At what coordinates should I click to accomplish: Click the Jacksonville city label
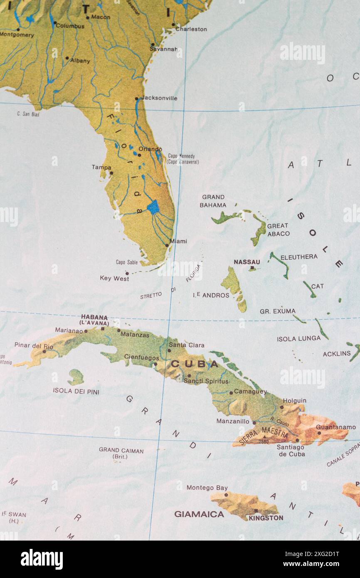tap(159, 98)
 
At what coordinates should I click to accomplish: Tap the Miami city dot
tap(167, 245)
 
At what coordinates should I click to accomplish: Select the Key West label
tap(114, 279)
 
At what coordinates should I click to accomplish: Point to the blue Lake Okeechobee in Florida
tap(153, 207)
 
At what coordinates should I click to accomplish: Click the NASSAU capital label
tap(247, 262)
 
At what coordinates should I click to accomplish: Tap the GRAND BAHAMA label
tap(213, 201)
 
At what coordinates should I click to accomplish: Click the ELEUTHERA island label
tap(298, 257)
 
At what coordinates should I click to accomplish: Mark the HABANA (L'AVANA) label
tap(94, 320)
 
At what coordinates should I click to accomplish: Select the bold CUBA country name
tap(195, 364)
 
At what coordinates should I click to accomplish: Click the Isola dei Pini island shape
tap(76, 377)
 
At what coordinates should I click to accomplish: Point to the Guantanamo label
tap(335, 427)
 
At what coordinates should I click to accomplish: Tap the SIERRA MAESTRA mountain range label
tap(264, 435)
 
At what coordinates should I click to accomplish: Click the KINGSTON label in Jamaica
tap(266, 518)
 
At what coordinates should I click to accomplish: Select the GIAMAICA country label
tap(199, 514)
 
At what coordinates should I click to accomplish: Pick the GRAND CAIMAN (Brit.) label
tap(121, 453)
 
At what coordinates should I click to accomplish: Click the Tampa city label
tap(101, 167)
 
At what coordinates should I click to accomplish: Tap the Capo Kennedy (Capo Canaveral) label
tap(183, 159)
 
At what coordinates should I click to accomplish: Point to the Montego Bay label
tap(207, 487)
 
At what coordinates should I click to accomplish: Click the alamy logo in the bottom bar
tap(42, 559)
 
